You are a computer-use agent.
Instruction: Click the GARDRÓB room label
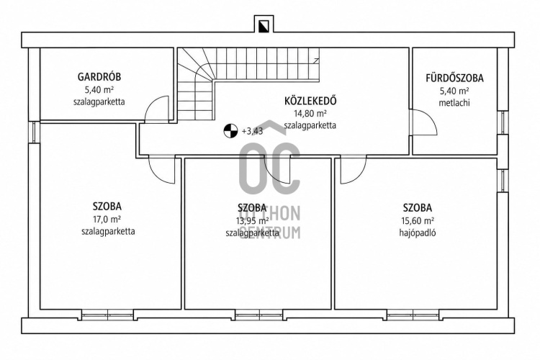click(x=99, y=76)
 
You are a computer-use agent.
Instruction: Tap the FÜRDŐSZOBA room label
click(x=454, y=78)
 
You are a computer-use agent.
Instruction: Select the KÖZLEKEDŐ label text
click(x=310, y=101)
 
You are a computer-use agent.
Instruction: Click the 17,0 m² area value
click(x=107, y=219)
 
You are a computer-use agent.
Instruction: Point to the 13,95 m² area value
click(x=253, y=220)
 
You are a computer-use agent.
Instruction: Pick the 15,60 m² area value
click(x=418, y=220)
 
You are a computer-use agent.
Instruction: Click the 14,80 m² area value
click(x=310, y=113)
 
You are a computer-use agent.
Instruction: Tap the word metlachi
click(x=454, y=103)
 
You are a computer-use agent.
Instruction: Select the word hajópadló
click(x=418, y=233)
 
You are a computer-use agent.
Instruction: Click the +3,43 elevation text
click(x=253, y=131)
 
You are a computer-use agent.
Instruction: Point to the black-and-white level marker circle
click(x=230, y=131)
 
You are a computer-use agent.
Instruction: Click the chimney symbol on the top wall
click(x=264, y=24)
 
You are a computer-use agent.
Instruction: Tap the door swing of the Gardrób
click(x=157, y=109)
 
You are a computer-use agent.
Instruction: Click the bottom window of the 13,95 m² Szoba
click(x=259, y=315)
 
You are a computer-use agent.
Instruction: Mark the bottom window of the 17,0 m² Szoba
click(x=107, y=315)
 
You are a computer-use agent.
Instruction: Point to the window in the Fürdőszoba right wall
click(x=503, y=122)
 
